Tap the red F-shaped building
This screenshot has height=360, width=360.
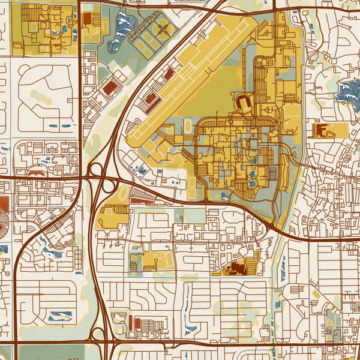[320, 130]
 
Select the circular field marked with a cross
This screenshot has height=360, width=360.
[162, 28]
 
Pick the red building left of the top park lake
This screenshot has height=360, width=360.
[88, 19]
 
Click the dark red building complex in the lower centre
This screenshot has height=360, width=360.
[239, 268]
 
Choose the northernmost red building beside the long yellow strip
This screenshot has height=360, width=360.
[169, 74]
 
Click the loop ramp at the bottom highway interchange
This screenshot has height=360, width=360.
[98, 333]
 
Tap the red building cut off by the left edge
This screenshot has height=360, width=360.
[3, 204]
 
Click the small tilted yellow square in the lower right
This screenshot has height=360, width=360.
[316, 294]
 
